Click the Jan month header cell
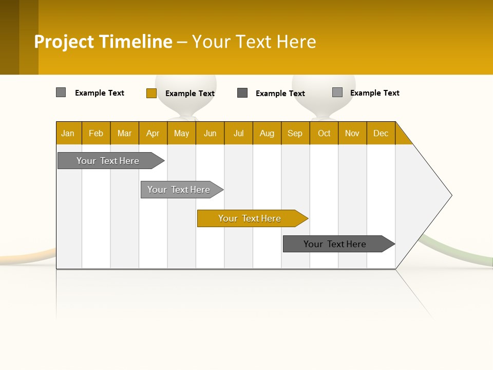coord(68,133)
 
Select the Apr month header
coord(153,133)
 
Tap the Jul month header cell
coord(238,133)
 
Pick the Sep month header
coord(295,133)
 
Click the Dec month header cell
coord(381,133)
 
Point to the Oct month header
coord(324,133)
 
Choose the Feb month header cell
coord(96,133)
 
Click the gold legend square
coord(151,93)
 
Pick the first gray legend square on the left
coord(61,92)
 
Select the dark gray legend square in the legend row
coord(242,92)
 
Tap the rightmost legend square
coord(337,92)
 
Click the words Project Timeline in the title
coord(103,42)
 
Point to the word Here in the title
coord(296,42)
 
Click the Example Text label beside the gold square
coord(190,94)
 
